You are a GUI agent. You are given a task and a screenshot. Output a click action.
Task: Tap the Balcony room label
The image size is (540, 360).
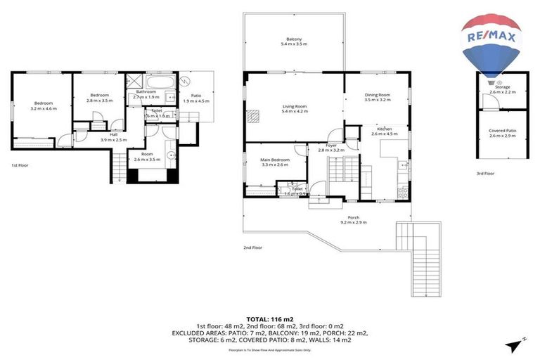[x=294, y=39]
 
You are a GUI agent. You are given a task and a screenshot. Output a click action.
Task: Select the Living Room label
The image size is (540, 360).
[x=294, y=106]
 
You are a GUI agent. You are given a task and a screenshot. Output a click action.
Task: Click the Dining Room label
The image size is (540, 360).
[x=377, y=95]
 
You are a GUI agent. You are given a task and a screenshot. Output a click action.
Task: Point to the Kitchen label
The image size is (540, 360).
[x=384, y=129]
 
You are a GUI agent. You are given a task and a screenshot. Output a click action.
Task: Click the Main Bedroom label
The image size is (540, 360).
[x=275, y=160]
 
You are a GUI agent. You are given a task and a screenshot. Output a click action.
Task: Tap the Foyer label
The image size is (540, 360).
[x=330, y=146]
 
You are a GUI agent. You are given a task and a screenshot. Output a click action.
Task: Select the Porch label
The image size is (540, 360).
[x=354, y=218]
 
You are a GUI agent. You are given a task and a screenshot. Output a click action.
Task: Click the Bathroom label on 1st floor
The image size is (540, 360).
[x=146, y=91]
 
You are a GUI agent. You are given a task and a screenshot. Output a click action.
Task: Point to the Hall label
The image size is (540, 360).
[x=113, y=134]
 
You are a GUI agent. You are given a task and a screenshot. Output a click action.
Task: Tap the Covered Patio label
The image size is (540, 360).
[x=502, y=131]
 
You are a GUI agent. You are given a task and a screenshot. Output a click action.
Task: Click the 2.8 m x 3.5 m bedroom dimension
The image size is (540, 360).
[x=99, y=101]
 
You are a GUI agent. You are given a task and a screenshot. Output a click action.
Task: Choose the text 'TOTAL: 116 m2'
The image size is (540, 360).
[x=270, y=319]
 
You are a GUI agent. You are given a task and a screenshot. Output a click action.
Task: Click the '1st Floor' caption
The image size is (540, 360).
[x=20, y=165]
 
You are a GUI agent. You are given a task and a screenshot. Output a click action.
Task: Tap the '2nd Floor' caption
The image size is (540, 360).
[x=252, y=247]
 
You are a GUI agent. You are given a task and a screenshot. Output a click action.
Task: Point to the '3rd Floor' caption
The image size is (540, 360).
[x=485, y=173]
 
